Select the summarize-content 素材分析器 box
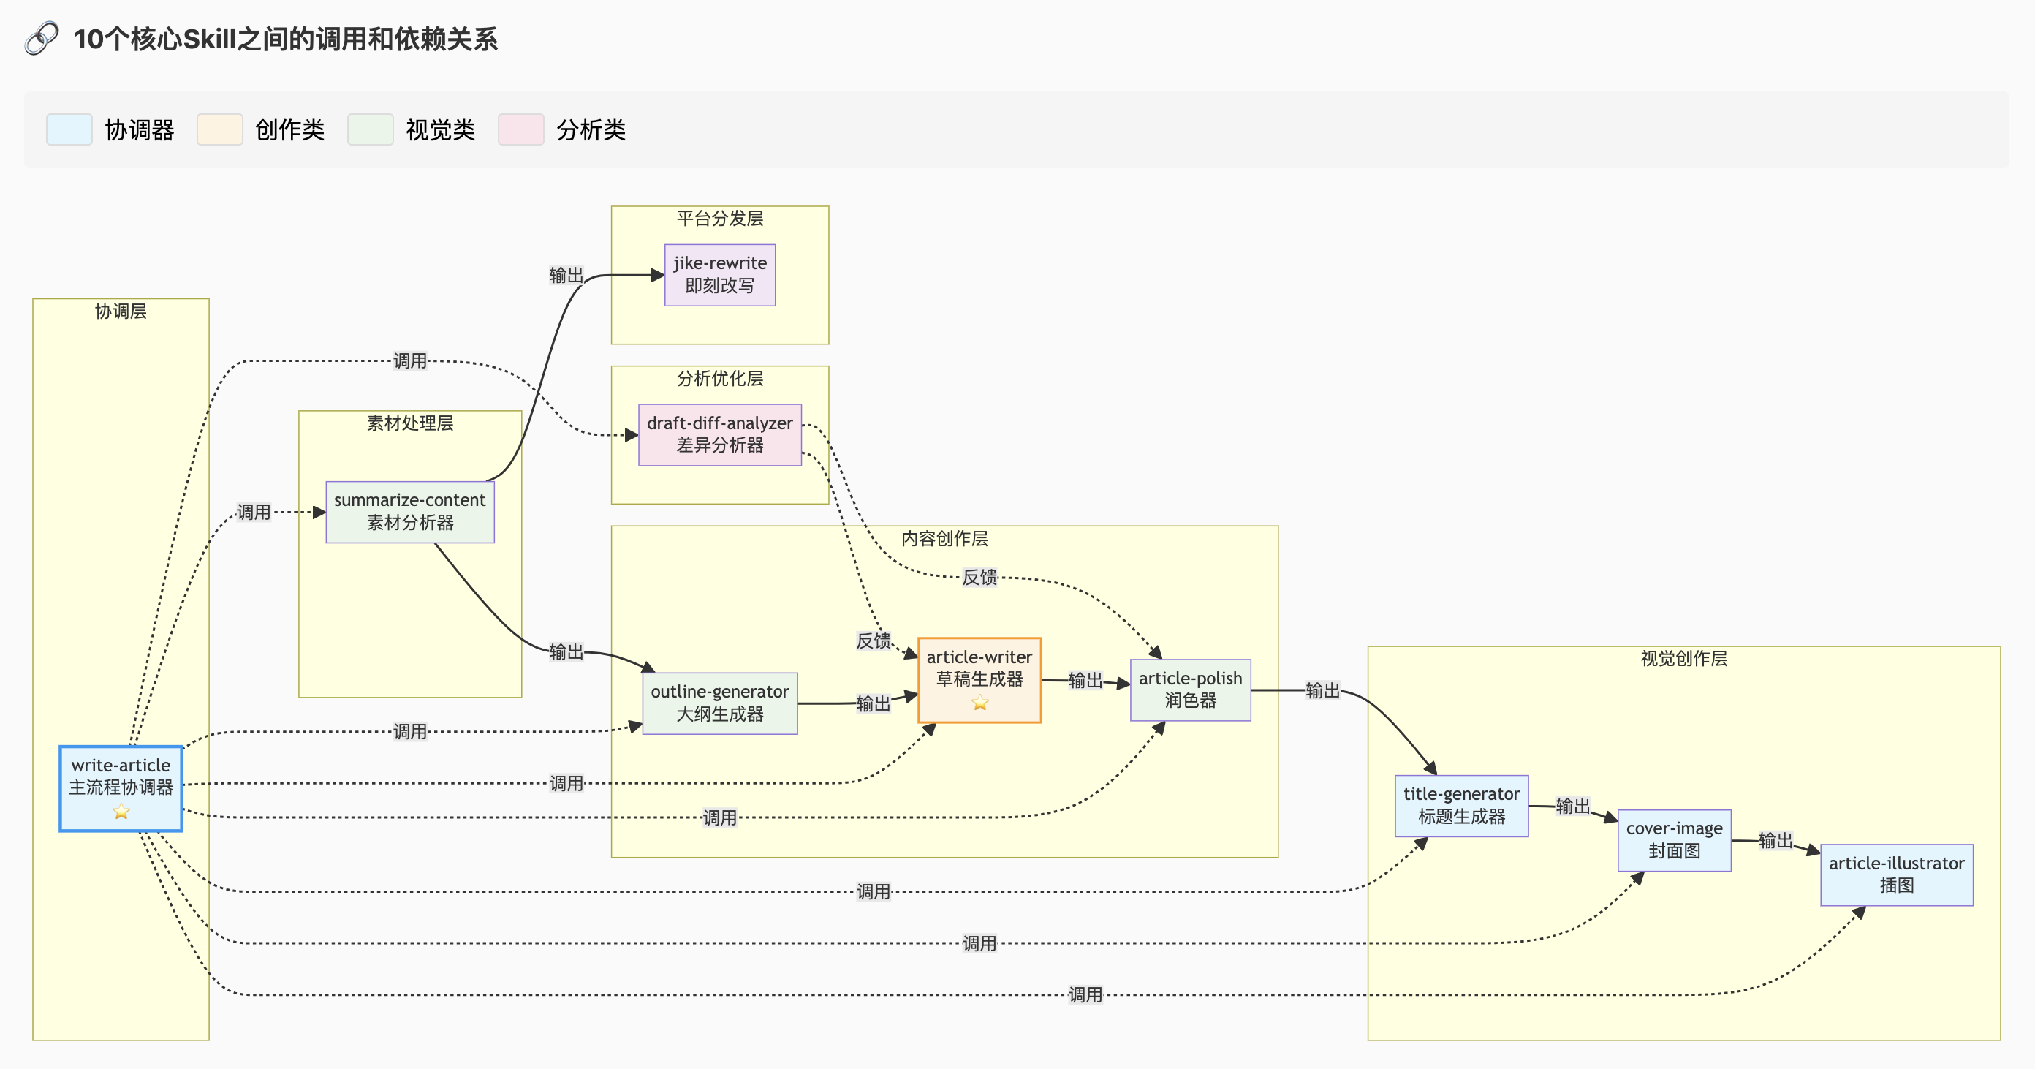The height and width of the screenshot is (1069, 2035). click(x=410, y=511)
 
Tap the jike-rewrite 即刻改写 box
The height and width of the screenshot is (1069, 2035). click(x=720, y=274)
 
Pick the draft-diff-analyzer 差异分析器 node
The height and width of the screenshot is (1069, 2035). click(x=720, y=434)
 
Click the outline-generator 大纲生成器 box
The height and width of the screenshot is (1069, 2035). click(x=720, y=703)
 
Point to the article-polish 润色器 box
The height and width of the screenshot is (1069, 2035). click(x=1190, y=689)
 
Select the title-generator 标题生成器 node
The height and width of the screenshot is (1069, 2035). click(x=1460, y=805)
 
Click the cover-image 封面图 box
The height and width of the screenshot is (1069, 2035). click(x=1674, y=839)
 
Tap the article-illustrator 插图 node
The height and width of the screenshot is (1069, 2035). click(x=1896, y=874)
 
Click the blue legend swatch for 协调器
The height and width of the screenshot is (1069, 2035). click(x=69, y=129)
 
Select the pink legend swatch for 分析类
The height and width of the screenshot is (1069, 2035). click(x=520, y=129)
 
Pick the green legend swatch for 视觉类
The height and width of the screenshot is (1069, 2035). click(x=371, y=129)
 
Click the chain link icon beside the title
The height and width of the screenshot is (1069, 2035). click(x=42, y=38)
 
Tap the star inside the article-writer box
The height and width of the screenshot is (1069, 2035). click(x=979, y=703)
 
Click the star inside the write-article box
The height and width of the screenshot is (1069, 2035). click(x=121, y=812)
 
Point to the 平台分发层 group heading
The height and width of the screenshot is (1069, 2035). click(x=720, y=218)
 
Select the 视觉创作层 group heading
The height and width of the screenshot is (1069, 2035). click(x=1683, y=658)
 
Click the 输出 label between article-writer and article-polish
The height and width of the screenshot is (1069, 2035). click(x=1085, y=680)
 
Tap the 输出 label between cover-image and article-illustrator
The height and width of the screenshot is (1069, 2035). click(x=1775, y=840)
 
